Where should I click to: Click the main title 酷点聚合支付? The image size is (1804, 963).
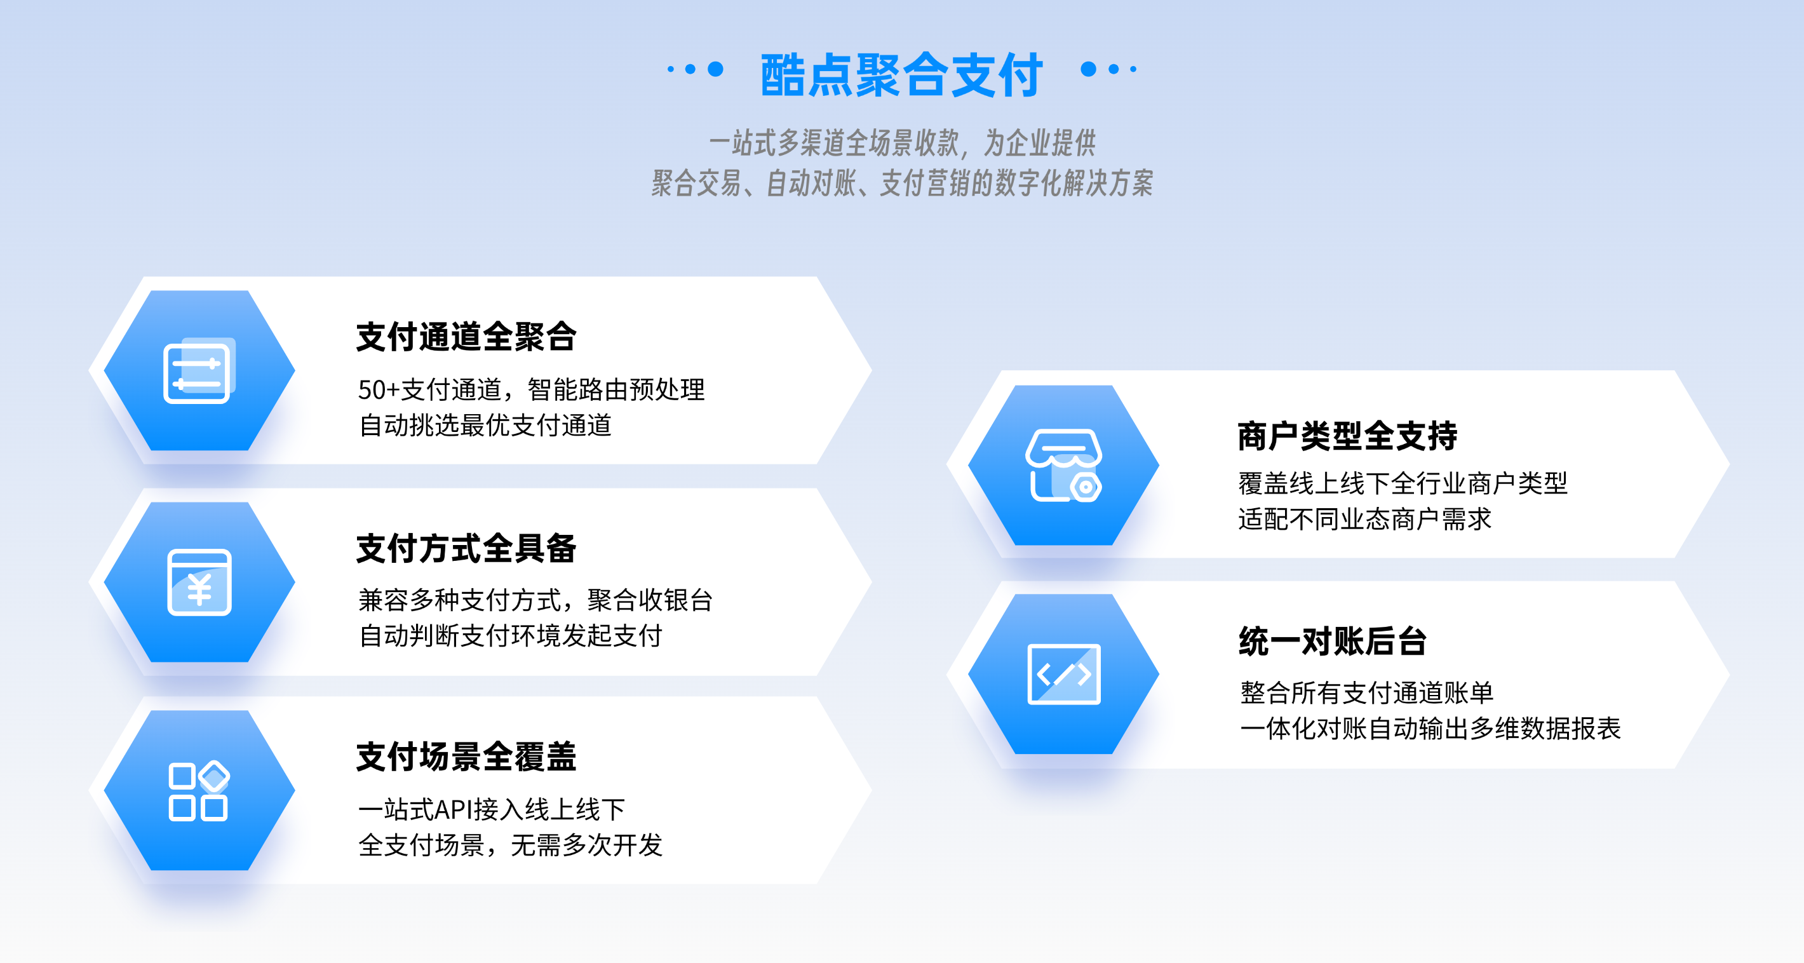tap(902, 74)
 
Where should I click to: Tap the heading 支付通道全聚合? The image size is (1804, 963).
tap(466, 337)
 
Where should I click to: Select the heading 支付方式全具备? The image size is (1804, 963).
tap(466, 548)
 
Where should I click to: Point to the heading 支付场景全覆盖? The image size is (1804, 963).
tap(466, 757)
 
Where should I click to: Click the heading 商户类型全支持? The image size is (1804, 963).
tap(1347, 436)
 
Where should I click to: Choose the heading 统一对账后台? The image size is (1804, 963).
tap(1333, 641)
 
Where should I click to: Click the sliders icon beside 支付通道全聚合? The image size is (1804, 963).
tap(199, 370)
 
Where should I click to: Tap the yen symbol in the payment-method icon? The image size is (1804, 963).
tap(199, 589)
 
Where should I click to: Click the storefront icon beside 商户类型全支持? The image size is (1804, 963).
tap(1064, 465)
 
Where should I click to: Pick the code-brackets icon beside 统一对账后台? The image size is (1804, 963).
tap(1064, 674)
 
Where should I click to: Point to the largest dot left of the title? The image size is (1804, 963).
tap(715, 69)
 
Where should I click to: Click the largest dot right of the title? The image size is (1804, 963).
tap(1088, 69)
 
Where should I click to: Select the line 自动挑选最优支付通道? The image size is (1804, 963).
tap(485, 425)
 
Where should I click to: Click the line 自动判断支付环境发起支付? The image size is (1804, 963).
tap(511, 636)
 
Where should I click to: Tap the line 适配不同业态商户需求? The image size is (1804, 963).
tap(1365, 520)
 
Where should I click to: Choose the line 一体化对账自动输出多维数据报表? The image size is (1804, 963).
tap(1430, 729)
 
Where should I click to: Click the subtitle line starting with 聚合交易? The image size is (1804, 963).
tap(902, 184)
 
